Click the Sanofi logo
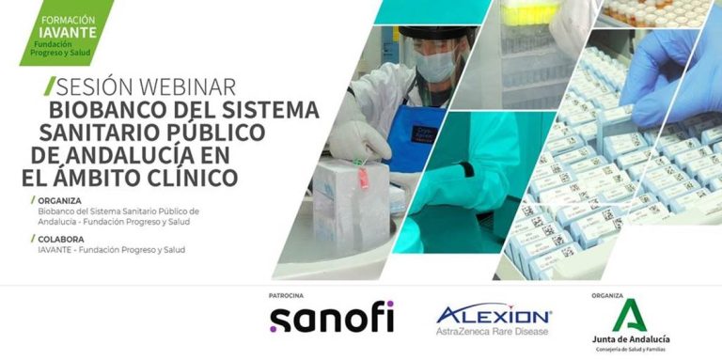[x=332, y=316]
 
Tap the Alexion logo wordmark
[x=494, y=315]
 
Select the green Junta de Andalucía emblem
[x=630, y=315]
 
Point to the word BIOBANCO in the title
[x=109, y=110]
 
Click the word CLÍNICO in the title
[x=192, y=178]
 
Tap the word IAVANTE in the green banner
[x=68, y=33]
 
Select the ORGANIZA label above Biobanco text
[x=59, y=201]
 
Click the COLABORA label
[x=61, y=240]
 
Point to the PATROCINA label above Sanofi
[x=286, y=295]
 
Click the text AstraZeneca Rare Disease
[x=493, y=331]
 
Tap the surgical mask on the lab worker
[x=436, y=66]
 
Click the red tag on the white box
[x=364, y=178]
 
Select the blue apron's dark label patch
[x=424, y=134]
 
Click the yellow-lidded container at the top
[x=530, y=12]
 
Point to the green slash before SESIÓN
[x=50, y=86]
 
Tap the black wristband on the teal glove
[x=468, y=169]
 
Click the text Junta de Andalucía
[x=631, y=339]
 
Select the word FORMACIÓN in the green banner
[x=68, y=21]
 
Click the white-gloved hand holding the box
[x=359, y=140]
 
